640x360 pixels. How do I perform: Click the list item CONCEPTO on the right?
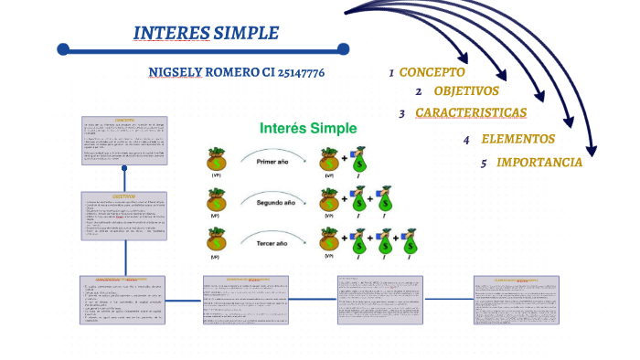point(432,72)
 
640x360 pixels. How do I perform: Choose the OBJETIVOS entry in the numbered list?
point(465,91)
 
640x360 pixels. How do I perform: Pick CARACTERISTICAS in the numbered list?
point(471,113)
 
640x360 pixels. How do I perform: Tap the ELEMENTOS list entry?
point(517,140)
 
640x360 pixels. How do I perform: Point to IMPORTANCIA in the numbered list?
point(539,163)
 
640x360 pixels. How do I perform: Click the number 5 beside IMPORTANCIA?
point(484,164)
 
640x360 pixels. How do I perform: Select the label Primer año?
point(272,160)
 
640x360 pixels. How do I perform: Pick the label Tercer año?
point(272,244)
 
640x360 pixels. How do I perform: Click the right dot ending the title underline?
point(343,48)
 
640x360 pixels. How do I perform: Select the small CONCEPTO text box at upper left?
point(124,139)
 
